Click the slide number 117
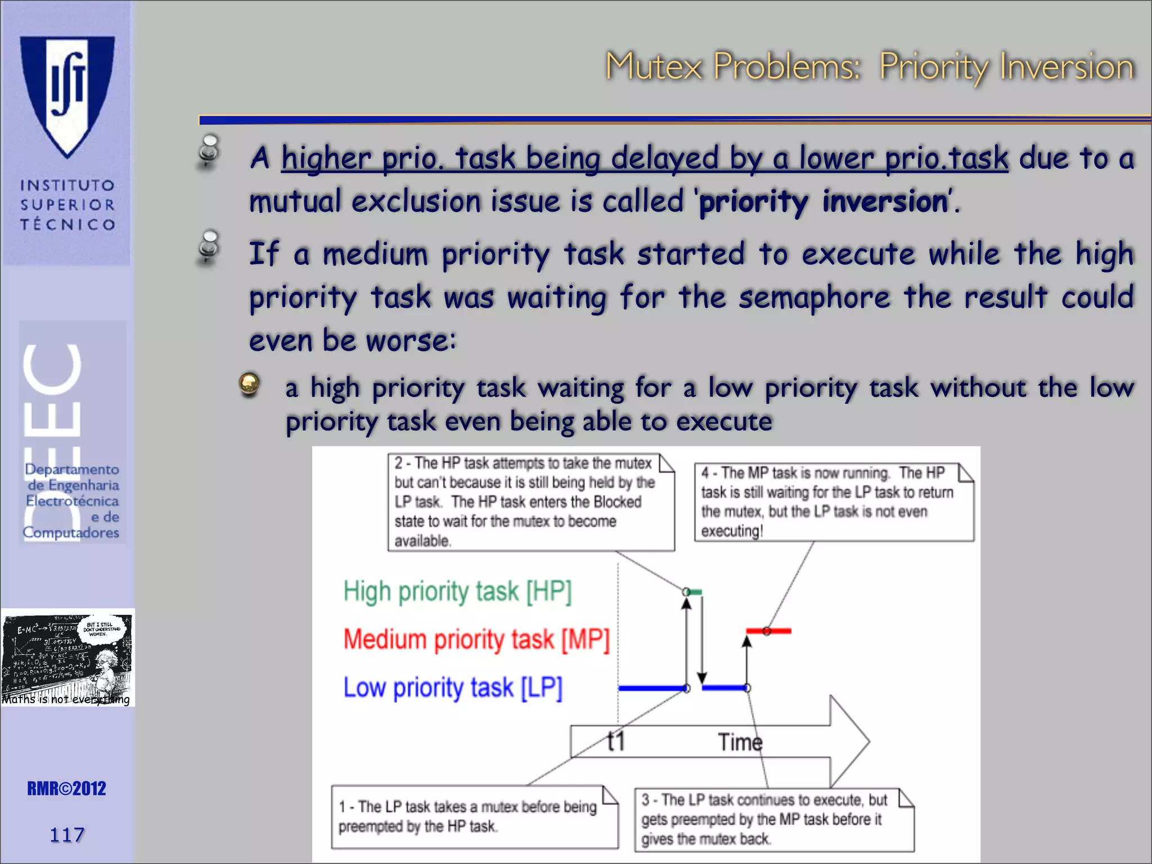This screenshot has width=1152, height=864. coord(67,835)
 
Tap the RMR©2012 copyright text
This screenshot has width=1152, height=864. coord(66,789)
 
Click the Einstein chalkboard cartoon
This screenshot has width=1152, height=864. coord(67,658)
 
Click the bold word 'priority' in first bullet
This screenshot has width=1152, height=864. coord(753,202)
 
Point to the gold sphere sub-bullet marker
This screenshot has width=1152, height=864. coord(249,385)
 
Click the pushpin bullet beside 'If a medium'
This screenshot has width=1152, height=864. coord(209,247)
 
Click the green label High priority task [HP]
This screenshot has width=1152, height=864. coord(457,592)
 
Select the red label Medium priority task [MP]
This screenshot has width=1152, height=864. coord(476,640)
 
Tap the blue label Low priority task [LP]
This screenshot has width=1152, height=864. coord(453,687)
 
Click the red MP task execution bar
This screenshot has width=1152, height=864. coord(768,631)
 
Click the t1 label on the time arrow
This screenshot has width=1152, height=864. coord(616,741)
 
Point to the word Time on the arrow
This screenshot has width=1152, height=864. coord(740,742)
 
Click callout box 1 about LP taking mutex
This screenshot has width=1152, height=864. coord(474,816)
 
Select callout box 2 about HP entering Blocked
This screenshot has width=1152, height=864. coord(530,501)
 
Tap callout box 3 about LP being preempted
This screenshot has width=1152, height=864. coord(774,819)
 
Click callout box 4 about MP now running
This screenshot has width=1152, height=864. coord(833,501)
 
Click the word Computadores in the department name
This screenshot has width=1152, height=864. coord(71,533)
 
